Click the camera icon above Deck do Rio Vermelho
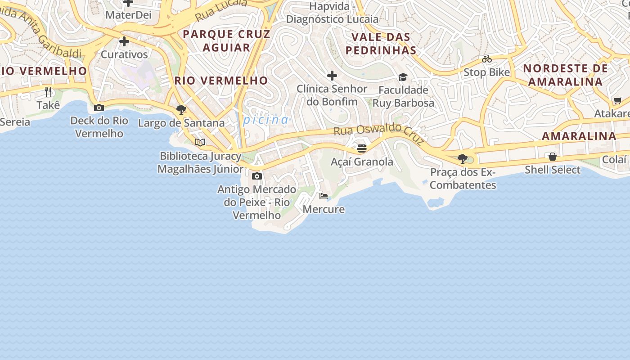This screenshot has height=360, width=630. pyautogui.click(x=99, y=108)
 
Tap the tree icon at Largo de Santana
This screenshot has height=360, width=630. pyautogui.click(x=181, y=109)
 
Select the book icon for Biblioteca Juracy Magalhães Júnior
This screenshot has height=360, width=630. pyautogui.click(x=200, y=143)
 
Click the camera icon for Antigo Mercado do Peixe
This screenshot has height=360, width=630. pyautogui.click(x=257, y=176)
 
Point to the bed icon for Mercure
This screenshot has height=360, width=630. pyautogui.click(x=324, y=196)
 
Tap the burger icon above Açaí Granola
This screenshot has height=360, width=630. pyautogui.click(x=362, y=148)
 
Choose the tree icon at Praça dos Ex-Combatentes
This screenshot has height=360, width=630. pyautogui.click(x=462, y=158)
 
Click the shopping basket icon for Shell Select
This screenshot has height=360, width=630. pyautogui.click(x=553, y=156)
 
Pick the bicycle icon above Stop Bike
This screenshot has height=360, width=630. pyautogui.click(x=487, y=59)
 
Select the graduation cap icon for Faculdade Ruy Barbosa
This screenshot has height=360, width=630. pyautogui.click(x=403, y=77)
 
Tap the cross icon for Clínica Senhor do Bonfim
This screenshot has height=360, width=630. pyautogui.click(x=332, y=75)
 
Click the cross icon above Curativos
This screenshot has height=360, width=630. pyautogui.click(x=124, y=41)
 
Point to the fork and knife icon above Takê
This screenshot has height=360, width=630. pyautogui.click(x=48, y=92)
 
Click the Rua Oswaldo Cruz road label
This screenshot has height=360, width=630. pyautogui.click(x=379, y=134)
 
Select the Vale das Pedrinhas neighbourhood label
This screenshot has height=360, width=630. pyautogui.click(x=381, y=44)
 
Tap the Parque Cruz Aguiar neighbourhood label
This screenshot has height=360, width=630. pyautogui.click(x=226, y=40)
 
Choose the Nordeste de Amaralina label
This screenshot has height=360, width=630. pyautogui.click(x=565, y=75)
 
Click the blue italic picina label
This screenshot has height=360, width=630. pyautogui.click(x=266, y=120)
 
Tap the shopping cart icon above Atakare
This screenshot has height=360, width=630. pyautogui.click(x=617, y=100)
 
